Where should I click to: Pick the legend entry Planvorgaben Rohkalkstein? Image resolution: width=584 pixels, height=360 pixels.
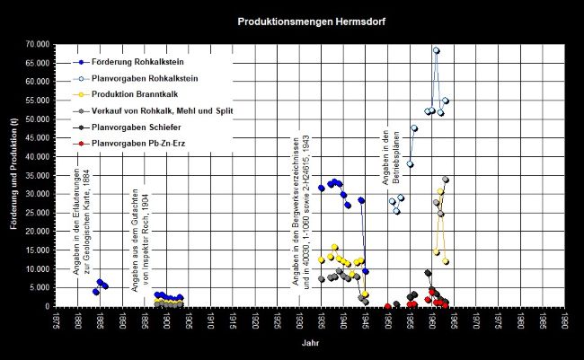[134, 78]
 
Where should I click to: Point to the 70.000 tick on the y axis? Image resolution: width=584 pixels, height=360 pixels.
[37, 44]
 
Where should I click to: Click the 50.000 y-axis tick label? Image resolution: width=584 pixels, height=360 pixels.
[37, 119]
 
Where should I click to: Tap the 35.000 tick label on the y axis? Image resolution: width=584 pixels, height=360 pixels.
[37, 175]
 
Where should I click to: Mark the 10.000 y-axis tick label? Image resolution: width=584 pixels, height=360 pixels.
[37, 268]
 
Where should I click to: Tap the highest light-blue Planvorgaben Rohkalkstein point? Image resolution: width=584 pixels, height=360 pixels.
[437, 50]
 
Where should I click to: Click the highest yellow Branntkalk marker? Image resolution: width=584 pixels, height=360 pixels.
[440, 191]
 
